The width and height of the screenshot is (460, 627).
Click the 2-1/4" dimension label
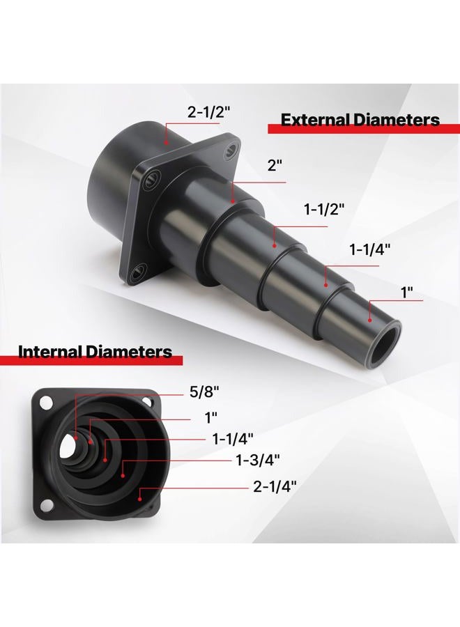point(275,486)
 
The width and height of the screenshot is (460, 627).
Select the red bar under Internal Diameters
point(91,360)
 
